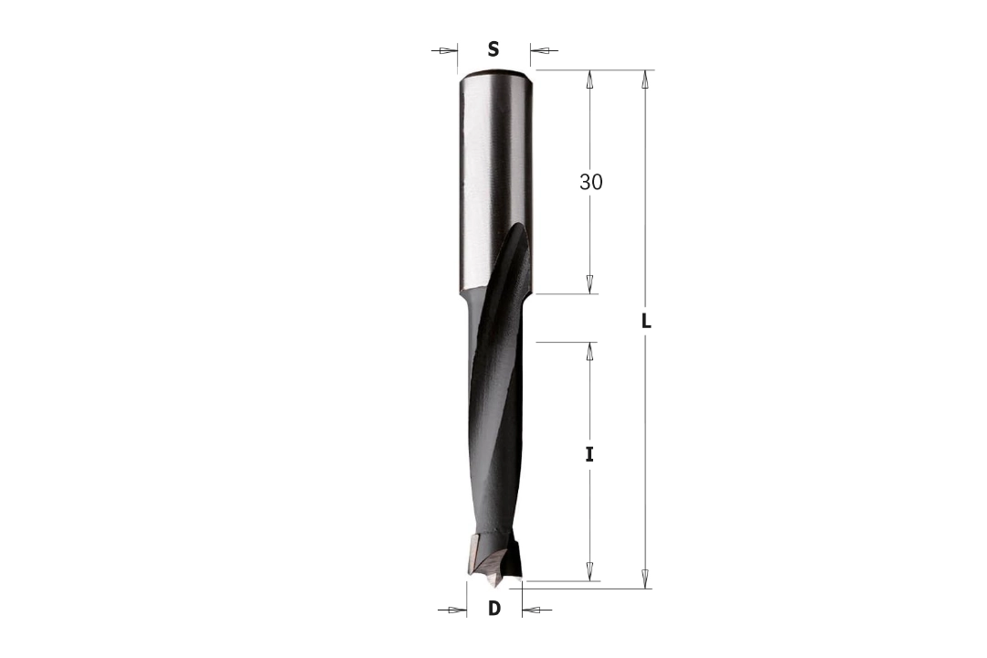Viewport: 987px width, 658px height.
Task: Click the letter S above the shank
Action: click(x=493, y=49)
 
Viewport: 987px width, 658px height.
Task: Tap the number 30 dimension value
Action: click(x=591, y=182)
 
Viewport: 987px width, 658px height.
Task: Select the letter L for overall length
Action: click(x=646, y=322)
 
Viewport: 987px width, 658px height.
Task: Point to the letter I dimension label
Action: click(x=589, y=454)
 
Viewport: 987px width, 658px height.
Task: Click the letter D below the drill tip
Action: click(x=494, y=609)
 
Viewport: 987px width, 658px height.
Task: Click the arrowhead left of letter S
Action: click(x=449, y=50)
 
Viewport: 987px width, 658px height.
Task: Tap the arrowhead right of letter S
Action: click(x=539, y=50)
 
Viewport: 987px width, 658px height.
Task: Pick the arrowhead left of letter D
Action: click(x=458, y=610)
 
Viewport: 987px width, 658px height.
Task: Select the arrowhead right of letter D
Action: click(x=531, y=610)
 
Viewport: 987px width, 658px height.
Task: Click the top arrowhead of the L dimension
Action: click(x=645, y=80)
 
